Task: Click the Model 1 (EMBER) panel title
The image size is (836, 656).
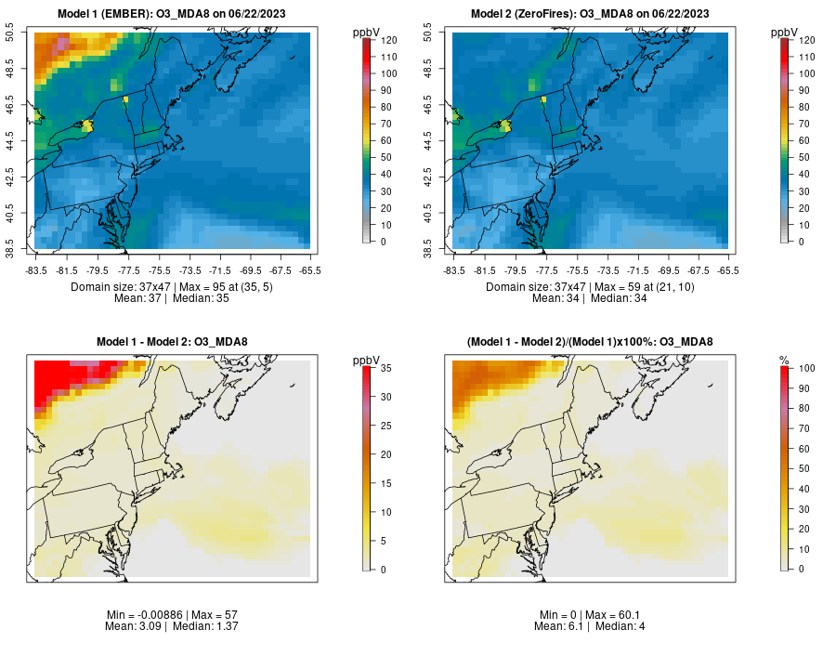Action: [173, 14]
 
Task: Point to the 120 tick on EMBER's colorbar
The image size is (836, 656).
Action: [387, 41]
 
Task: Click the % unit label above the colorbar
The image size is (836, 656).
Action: [784, 360]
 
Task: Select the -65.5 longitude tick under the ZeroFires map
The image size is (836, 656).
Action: [728, 270]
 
